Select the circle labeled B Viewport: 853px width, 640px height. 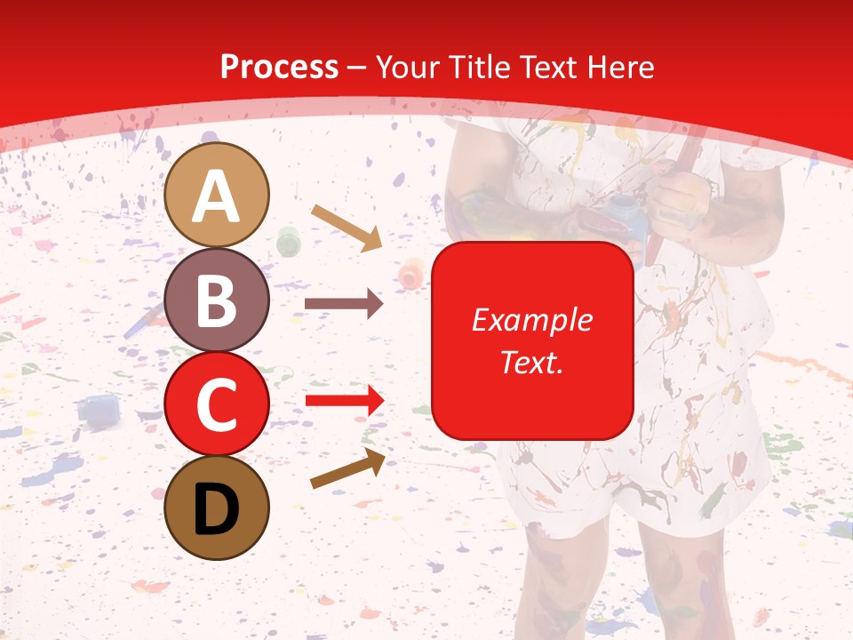[217, 300]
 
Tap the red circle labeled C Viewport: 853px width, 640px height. [217, 404]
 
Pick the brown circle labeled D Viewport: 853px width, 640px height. [217, 508]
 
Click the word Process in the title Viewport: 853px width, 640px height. [279, 68]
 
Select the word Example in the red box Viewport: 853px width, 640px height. [531, 320]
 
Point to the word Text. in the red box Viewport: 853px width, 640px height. [531, 362]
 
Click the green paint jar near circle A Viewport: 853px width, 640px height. [289, 240]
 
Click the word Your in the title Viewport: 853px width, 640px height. [405, 68]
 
